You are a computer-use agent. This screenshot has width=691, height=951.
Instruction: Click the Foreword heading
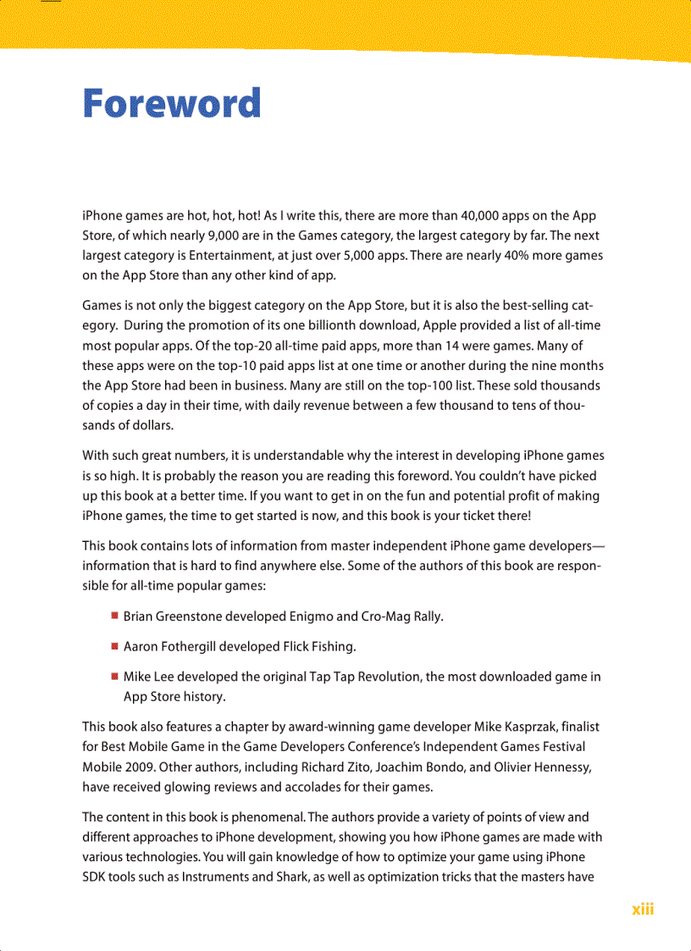point(172,103)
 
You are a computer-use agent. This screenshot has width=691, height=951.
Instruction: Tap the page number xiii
point(643,910)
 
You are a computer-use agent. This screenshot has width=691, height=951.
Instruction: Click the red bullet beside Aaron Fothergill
point(113,646)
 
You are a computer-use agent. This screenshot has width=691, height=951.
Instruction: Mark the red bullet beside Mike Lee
point(113,677)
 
